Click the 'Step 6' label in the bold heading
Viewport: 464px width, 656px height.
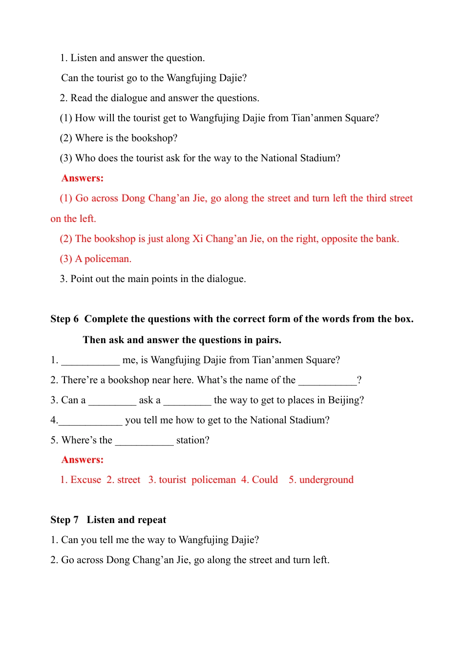[x=64, y=319]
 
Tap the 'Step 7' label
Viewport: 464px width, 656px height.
[x=64, y=520]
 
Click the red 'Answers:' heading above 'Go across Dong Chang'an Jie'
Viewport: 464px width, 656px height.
[x=83, y=178]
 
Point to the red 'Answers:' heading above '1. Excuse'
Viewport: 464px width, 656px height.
[x=83, y=460]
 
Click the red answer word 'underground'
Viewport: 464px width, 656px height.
[x=326, y=480]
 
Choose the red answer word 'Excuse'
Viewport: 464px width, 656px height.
[x=86, y=480]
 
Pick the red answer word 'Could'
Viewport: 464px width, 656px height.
[x=265, y=480]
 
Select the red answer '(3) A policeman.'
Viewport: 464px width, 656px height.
[x=96, y=259]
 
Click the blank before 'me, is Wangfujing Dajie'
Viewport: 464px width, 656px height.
[x=90, y=361]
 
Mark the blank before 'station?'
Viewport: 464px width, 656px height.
[x=144, y=441]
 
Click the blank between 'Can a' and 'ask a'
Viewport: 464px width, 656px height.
[x=112, y=401]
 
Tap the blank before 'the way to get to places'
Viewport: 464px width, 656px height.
[x=187, y=401]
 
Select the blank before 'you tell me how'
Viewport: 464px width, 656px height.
[x=90, y=421]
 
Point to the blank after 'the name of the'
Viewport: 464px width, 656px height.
[x=327, y=381]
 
